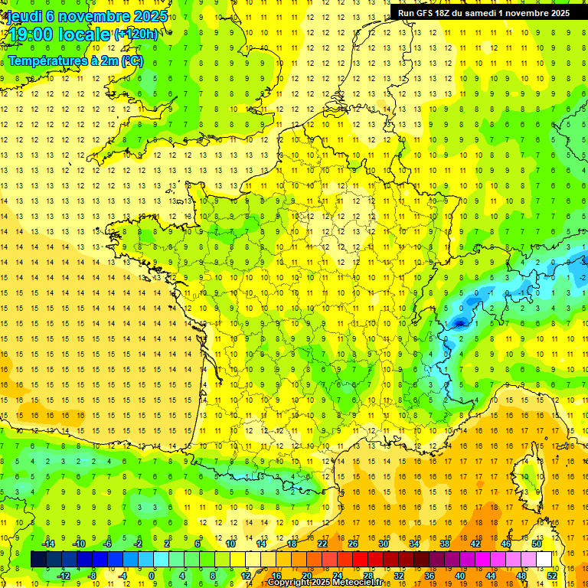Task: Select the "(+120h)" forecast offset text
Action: (136, 34)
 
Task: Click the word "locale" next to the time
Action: (87, 34)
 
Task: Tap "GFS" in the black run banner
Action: (424, 13)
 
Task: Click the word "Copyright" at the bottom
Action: (289, 583)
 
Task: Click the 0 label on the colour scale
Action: (152, 575)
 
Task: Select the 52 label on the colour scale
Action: (552, 575)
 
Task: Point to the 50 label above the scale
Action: (537, 544)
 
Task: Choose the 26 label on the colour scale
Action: (353, 544)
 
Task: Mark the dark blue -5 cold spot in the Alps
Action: (459, 322)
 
